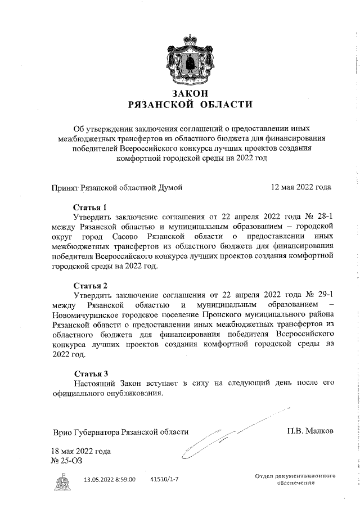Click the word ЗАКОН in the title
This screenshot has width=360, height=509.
pyautogui.click(x=187, y=93)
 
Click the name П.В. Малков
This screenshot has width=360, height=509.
pyautogui.click(x=310, y=431)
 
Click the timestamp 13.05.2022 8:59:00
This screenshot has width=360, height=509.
pyautogui.click(x=110, y=479)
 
